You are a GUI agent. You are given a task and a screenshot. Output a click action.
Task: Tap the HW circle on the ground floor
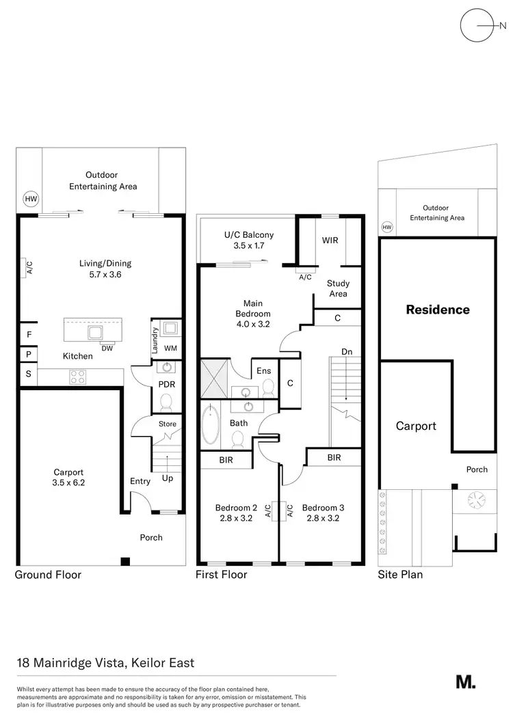pyautogui.click(x=31, y=200)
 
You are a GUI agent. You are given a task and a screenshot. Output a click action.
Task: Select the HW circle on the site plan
pyautogui.click(x=387, y=227)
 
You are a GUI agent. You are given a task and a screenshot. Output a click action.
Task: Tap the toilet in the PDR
pyautogui.click(x=166, y=405)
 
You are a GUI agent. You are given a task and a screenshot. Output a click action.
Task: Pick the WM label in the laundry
pyautogui.click(x=170, y=348)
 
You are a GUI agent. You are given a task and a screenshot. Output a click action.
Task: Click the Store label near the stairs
pyautogui.click(x=167, y=424)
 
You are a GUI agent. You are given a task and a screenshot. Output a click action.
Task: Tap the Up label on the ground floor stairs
pyautogui.click(x=168, y=478)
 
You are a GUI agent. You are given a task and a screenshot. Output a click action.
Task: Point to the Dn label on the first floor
pyautogui.click(x=347, y=351)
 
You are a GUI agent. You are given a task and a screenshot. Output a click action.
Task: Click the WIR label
pyautogui.click(x=330, y=241)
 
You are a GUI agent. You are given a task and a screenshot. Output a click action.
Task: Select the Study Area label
pyautogui.click(x=338, y=288)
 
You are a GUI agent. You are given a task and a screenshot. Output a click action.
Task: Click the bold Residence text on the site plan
pyautogui.click(x=438, y=310)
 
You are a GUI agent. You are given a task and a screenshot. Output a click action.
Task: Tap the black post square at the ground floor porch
pyautogui.click(x=124, y=562)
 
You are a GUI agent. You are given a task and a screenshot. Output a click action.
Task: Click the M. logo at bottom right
pyautogui.click(x=465, y=681)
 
